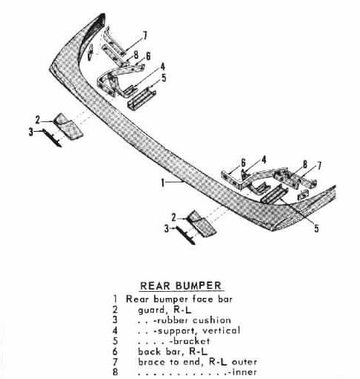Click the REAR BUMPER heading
pyautogui.click(x=181, y=286)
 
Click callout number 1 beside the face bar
pyautogui.click(x=163, y=183)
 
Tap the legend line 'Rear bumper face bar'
pyautogui.click(x=179, y=299)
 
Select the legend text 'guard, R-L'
pyautogui.click(x=164, y=310)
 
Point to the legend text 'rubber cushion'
pyautogui.click(x=193, y=320)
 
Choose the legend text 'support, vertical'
pyautogui.click(x=196, y=331)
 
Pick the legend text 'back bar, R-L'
pyautogui.click(x=173, y=351)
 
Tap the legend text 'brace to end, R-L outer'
pyautogui.click(x=197, y=362)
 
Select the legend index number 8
pyautogui.click(x=115, y=372)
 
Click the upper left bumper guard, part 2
pyautogui.click(x=68, y=127)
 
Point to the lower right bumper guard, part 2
pyautogui.click(x=202, y=223)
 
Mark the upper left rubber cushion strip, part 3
pyautogui.click(x=52, y=138)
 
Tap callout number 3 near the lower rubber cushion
pyautogui.click(x=167, y=229)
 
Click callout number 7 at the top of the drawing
pyautogui.click(x=145, y=36)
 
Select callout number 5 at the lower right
pyautogui.click(x=317, y=229)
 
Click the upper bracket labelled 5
pyautogui.click(x=141, y=98)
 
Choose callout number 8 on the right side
pyautogui.click(x=305, y=165)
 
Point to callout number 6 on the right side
pyautogui.click(x=243, y=163)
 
